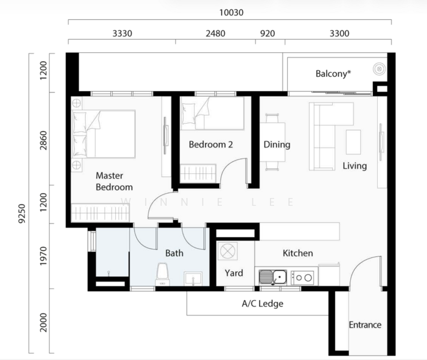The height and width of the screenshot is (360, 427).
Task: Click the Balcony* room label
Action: pyautogui.click(x=333, y=74)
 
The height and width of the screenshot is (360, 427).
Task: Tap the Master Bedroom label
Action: pyautogui.click(x=114, y=181)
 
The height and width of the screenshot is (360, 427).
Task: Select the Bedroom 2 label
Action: pyautogui.click(x=211, y=145)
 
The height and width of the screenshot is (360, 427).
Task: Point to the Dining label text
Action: pyautogui.click(x=276, y=145)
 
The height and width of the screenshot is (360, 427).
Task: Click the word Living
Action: pyautogui.click(x=354, y=166)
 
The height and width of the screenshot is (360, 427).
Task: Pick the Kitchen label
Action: pyautogui.click(x=297, y=253)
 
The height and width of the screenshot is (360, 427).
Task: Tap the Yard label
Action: pyautogui.click(x=234, y=273)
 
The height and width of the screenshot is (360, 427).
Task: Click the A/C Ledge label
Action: pyautogui.click(x=262, y=304)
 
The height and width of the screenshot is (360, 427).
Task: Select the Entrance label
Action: pyautogui.click(x=365, y=325)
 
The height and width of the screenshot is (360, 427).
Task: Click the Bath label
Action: pyautogui.click(x=175, y=253)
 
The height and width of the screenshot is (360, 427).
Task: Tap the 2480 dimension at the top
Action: pyautogui.click(x=215, y=34)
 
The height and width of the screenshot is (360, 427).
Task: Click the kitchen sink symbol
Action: pyautogui.click(x=273, y=277)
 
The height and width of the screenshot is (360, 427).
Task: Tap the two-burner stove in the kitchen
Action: pyautogui.click(x=302, y=277)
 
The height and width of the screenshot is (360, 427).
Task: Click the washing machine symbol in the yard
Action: pyautogui.click(x=228, y=252)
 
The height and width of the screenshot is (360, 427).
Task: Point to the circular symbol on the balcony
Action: pyautogui.click(x=379, y=70)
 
